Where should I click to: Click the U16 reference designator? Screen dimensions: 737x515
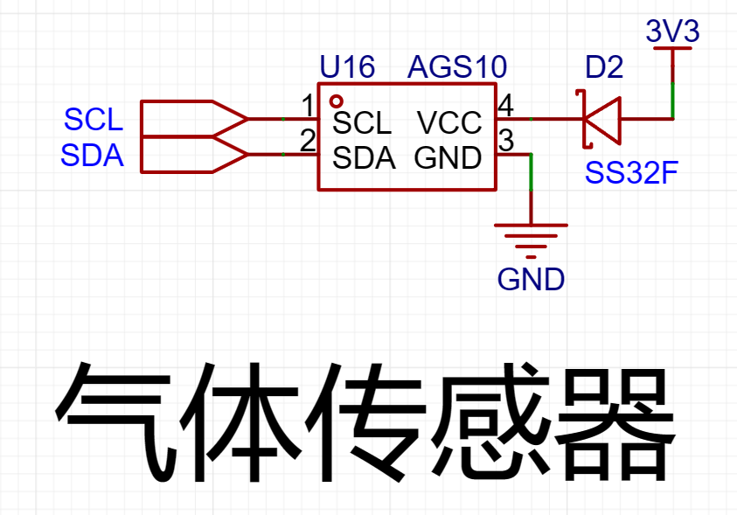[x=347, y=66]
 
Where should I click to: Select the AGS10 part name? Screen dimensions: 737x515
[x=457, y=66]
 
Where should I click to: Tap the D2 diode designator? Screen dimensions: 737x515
[x=604, y=66]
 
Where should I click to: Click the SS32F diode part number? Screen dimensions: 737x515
[x=631, y=172]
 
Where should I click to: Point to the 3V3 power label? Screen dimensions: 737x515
[x=672, y=31]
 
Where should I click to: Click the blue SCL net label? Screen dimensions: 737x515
[x=93, y=120]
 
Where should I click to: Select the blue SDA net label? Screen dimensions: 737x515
[x=92, y=155]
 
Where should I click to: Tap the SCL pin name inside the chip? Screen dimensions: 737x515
[x=362, y=123]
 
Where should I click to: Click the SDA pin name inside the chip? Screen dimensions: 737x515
[x=364, y=158]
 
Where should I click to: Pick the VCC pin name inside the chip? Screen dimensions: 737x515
[x=449, y=122]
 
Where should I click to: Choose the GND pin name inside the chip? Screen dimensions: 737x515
[x=448, y=158]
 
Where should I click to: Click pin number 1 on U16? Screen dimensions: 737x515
[x=309, y=106]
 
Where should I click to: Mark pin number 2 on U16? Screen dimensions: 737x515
[x=308, y=141]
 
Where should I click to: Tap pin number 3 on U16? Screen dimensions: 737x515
[x=506, y=141]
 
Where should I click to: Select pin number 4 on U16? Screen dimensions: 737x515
[x=505, y=106]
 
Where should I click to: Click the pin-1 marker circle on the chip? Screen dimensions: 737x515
[x=336, y=101]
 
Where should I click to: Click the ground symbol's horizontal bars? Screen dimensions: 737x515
[x=532, y=241]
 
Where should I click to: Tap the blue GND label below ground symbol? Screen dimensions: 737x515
[x=532, y=279]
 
